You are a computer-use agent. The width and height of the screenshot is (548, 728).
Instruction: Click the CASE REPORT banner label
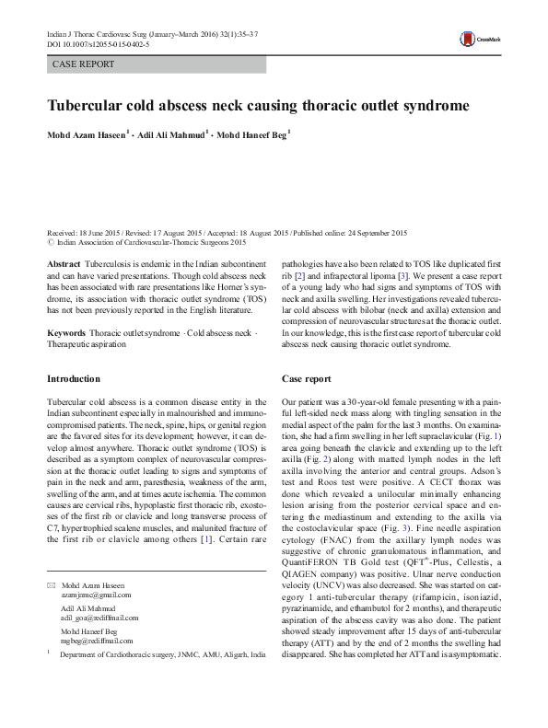[84, 64]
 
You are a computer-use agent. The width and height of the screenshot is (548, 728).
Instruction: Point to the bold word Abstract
[63, 263]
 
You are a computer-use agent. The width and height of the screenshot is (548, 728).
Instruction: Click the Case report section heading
[306, 378]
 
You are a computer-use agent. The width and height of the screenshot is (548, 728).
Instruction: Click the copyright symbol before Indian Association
[50, 243]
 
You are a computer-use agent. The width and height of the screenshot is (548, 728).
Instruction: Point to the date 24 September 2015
[379, 234]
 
